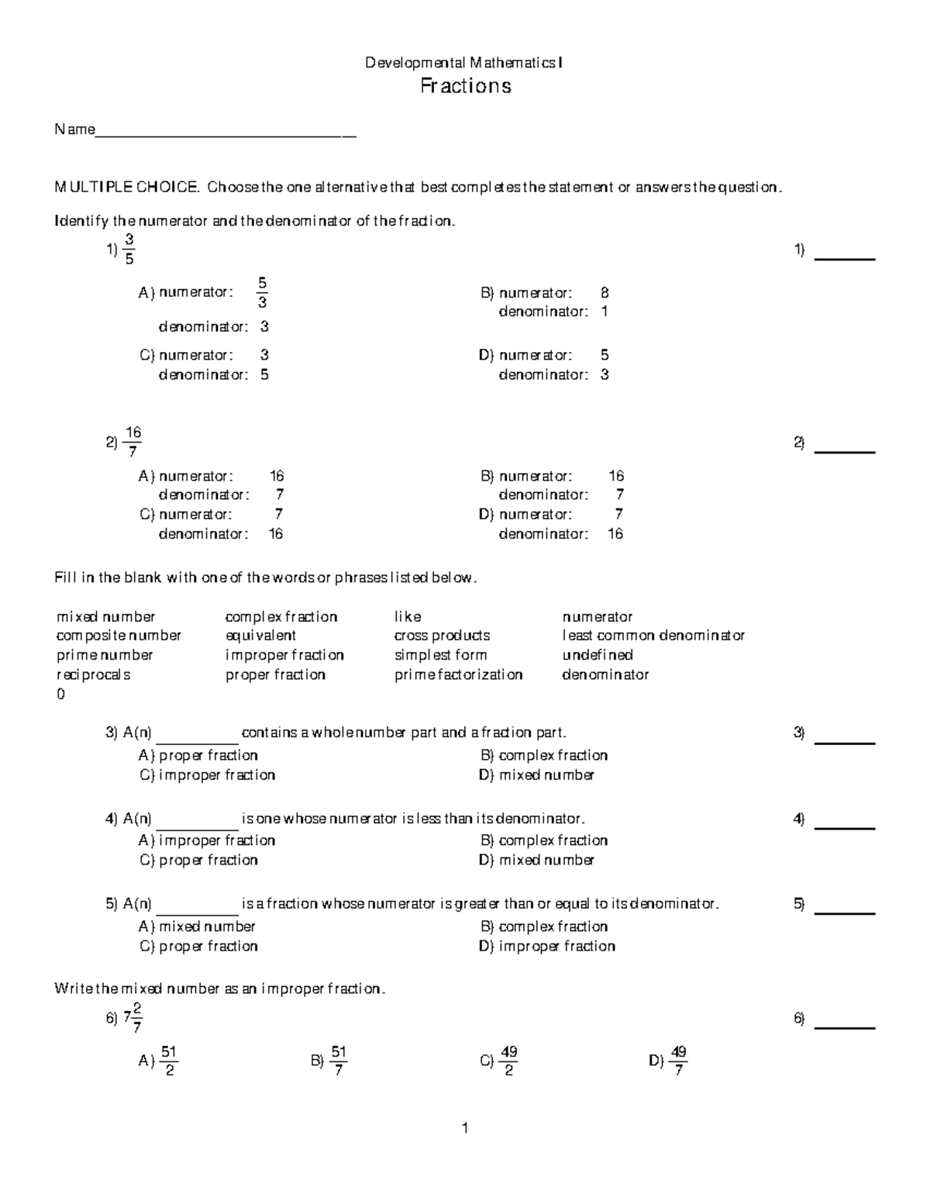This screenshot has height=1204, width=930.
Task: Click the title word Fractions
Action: pyautogui.click(x=465, y=85)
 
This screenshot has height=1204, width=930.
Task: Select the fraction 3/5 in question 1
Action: pyautogui.click(x=129, y=250)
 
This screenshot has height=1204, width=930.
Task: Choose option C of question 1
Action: pyautogui.click(x=205, y=364)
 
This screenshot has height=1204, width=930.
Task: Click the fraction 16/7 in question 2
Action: pyautogui.click(x=133, y=442)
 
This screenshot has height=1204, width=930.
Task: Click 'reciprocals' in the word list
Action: pyautogui.click(x=94, y=674)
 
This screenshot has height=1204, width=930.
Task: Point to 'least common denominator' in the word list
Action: pyautogui.click(x=653, y=636)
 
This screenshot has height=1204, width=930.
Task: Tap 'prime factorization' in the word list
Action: pyautogui.click(x=458, y=674)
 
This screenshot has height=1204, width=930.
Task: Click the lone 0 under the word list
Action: pyautogui.click(x=61, y=695)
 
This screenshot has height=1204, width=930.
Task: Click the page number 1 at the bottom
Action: pyautogui.click(x=465, y=1129)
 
